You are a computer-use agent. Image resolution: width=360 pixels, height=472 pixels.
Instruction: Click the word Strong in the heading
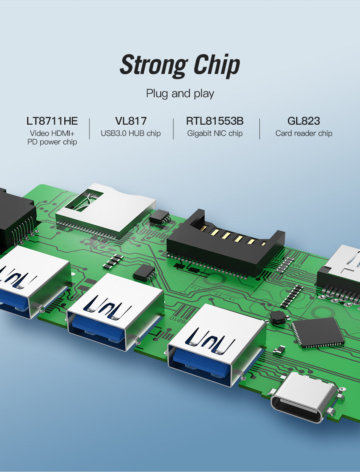click(x=153, y=65)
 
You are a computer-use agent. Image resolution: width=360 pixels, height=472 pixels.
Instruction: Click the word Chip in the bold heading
click(x=217, y=65)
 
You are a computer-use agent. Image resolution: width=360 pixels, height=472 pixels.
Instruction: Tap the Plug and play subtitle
click(x=180, y=94)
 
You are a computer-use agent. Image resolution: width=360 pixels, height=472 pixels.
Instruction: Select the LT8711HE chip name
click(x=52, y=121)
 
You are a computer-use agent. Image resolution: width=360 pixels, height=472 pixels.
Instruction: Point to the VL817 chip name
click(x=131, y=121)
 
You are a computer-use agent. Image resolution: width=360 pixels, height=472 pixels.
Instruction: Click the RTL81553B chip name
click(x=215, y=121)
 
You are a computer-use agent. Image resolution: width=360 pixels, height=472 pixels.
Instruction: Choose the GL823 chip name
click(x=304, y=121)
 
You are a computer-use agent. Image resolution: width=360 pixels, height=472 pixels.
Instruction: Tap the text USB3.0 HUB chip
click(x=131, y=133)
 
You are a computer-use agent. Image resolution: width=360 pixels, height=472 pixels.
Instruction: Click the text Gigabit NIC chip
click(x=215, y=133)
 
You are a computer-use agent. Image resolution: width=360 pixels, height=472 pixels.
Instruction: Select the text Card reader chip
click(x=304, y=133)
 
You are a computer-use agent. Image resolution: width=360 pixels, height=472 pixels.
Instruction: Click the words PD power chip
click(x=52, y=142)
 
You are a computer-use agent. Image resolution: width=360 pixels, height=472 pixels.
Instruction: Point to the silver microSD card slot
click(x=106, y=210)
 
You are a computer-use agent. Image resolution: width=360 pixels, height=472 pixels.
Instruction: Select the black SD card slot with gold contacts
click(x=226, y=243)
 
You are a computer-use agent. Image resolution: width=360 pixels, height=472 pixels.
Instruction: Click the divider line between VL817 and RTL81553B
click(x=173, y=129)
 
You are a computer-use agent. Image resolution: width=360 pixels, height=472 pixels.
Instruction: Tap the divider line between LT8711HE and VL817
click(x=89, y=129)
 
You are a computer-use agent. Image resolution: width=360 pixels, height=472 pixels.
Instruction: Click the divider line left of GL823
click(x=260, y=129)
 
